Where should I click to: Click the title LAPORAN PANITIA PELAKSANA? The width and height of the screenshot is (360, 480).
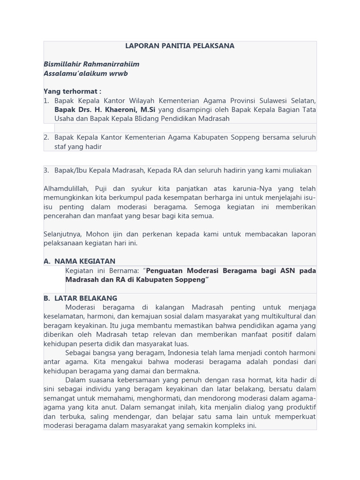coord(180,46)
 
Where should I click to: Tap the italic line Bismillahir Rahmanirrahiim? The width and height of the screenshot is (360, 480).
coord(91,64)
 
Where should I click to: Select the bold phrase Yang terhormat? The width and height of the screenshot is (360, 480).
coord(71,91)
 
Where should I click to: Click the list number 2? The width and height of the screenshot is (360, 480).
coord(46,137)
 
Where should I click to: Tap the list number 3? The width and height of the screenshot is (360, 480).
coord(46,171)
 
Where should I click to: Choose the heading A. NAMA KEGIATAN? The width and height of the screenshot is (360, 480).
coord(79,261)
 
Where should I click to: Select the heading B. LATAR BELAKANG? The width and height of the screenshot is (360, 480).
coord(80,298)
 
